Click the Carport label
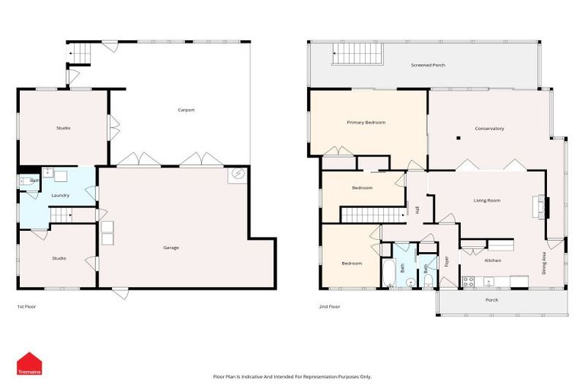point(186,110)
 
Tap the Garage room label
point(171,248)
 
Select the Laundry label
point(60,196)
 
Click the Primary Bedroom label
point(366,123)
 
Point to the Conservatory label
point(489,129)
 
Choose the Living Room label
point(487,200)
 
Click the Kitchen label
point(493,261)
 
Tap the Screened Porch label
point(428,66)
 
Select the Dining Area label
point(544,264)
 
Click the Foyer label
point(447,264)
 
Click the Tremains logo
point(29,363)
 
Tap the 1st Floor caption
point(27,306)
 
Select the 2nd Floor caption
point(329,306)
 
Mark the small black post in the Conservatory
point(459,138)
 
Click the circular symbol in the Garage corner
point(238,175)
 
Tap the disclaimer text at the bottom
point(292,376)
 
